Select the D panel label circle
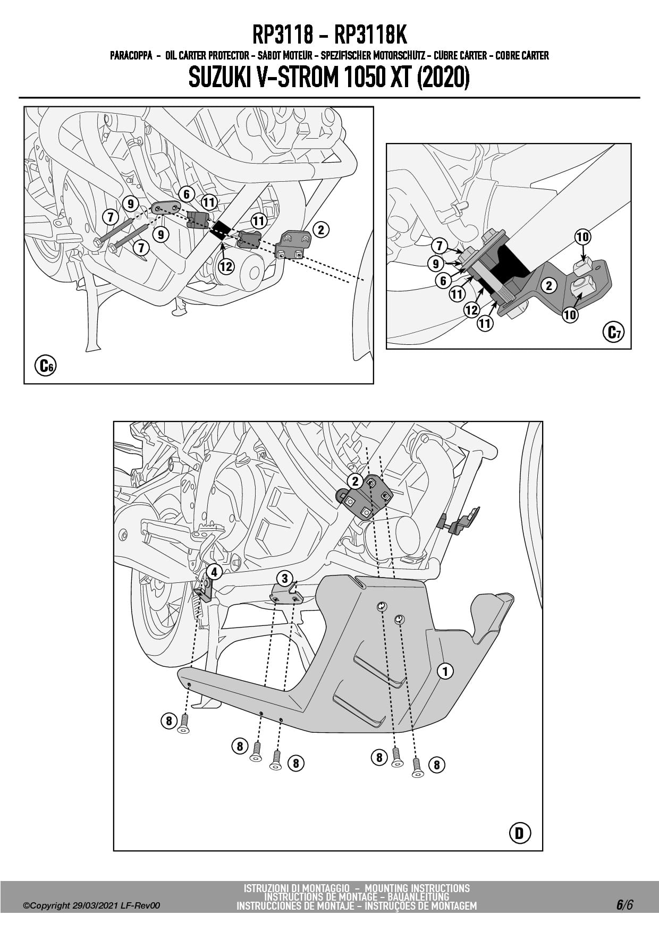click(x=519, y=833)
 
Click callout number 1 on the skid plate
click(x=445, y=671)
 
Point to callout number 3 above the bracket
click(x=285, y=579)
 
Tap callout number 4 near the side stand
click(x=214, y=572)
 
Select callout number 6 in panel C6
click(x=186, y=194)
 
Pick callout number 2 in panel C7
click(x=548, y=286)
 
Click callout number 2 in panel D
click(x=354, y=481)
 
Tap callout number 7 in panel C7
click(x=439, y=245)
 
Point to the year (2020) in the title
click(x=443, y=78)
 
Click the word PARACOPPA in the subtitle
click(x=131, y=55)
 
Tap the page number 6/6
click(x=624, y=904)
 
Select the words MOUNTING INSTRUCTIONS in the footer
click(x=417, y=888)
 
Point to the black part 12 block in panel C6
click(x=220, y=229)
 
